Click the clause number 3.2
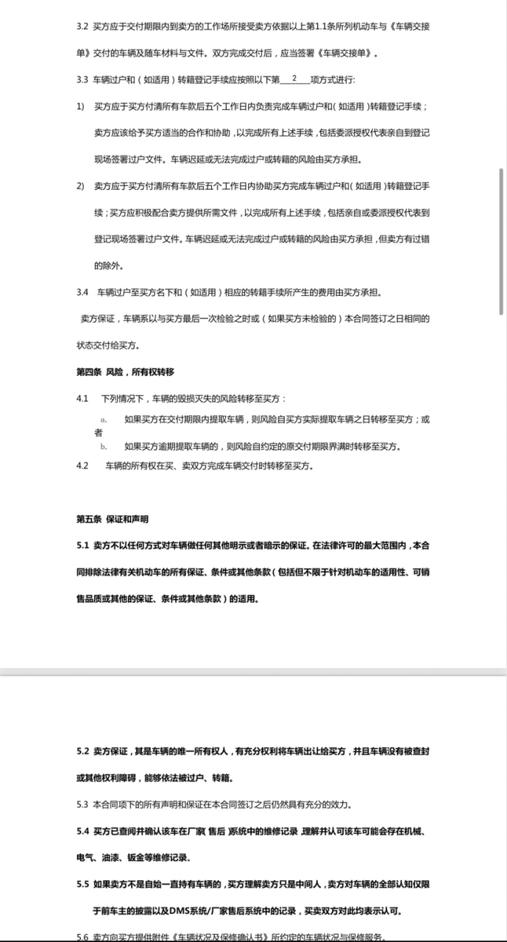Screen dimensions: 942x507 pyautogui.click(x=82, y=26)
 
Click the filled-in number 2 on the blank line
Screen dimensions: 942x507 pyautogui.click(x=294, y=78)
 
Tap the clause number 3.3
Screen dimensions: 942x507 pyautogui.click(x=82, y=79)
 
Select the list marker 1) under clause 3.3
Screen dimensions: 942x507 pyautogui.click(x=80, y=107)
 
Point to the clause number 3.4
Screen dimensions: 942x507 pyautogui.click(x=82, y=292)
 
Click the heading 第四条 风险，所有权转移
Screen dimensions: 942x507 pyautogui.click(x=125, y=372)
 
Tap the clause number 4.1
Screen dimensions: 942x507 pyautogui.click(x=82, y=398)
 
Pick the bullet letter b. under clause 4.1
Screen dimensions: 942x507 pyautogui.click(x=104, y=446)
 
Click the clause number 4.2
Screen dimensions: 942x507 pyautogui.click(x=82, y=466)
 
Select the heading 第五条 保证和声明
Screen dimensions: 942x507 pyautogui.click(x=113, y=519)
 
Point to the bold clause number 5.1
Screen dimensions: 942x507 pyautogui.click(x=82, y=546)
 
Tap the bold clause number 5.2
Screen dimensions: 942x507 pyautogui.click(x=82, y=751)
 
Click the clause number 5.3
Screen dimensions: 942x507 pyautogui.click(x=82, y=804)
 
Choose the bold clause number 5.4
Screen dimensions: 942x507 pyautogui.click(x=82, y=831)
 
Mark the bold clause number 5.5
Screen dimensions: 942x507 pyautogui.click(x=82, y=884)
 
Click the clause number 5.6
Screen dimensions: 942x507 pyautogui.click(x=82, y=936)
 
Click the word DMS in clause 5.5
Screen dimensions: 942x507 pyautogui.click(x=180, y=910)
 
